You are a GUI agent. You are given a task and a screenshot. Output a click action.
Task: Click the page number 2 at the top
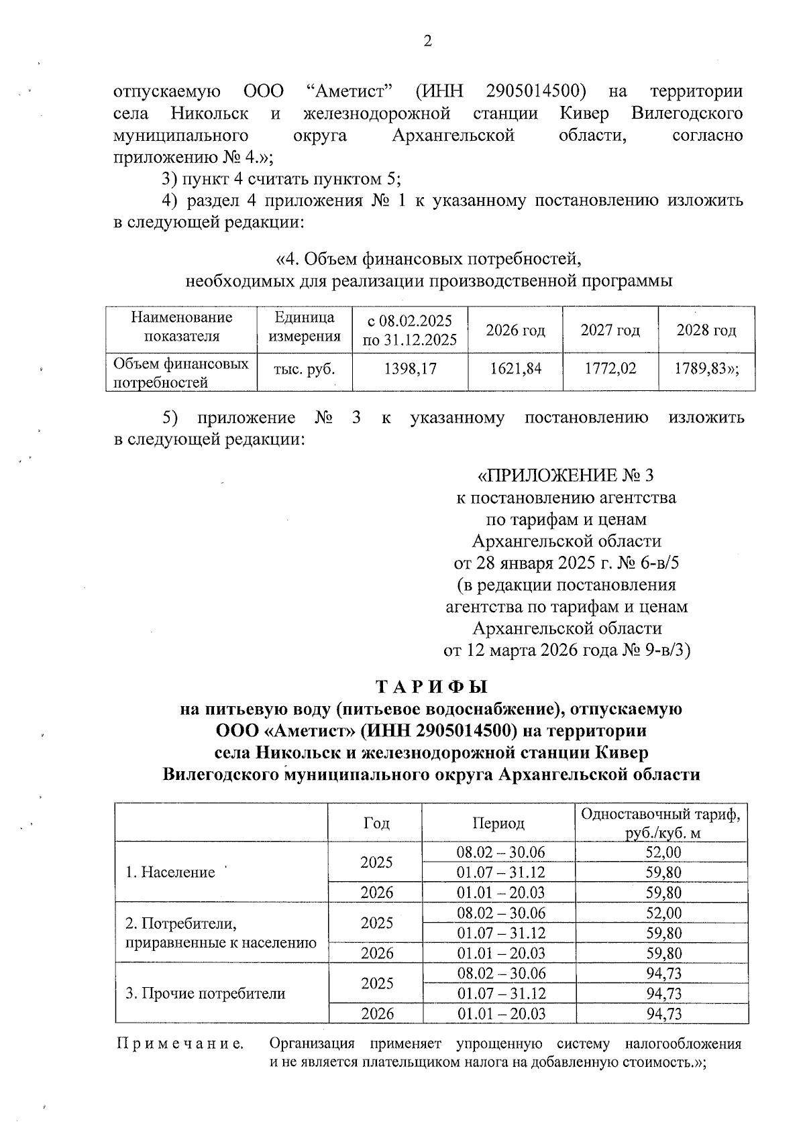427,42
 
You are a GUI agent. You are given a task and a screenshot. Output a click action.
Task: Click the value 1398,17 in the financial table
410,368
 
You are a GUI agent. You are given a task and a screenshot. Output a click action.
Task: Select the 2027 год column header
610,330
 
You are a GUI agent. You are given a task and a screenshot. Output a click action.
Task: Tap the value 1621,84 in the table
515,368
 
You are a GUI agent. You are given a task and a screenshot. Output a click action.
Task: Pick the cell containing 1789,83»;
706,368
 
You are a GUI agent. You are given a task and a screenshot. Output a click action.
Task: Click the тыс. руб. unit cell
304,368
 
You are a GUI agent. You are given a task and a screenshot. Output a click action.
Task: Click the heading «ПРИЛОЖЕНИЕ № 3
564,475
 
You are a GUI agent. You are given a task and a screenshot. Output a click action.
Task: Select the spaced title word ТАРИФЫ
431,687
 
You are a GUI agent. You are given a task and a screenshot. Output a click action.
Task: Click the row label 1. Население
170,872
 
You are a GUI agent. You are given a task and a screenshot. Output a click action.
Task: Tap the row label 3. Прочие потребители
205,993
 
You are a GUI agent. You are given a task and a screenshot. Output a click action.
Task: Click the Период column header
498,823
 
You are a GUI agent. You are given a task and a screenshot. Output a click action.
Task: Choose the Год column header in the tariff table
376,823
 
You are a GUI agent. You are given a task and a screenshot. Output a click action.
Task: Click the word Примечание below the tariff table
180,1043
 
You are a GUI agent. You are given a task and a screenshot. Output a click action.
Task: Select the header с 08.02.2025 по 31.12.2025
410,330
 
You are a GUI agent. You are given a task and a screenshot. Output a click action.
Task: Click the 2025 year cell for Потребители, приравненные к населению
376,923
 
